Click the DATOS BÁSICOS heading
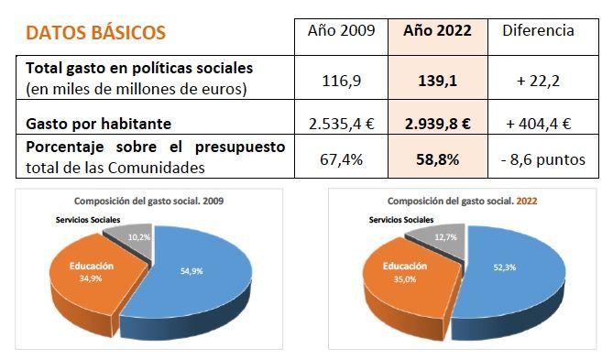(96, 33)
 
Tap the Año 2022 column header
(437, 30)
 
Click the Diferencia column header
(539, 30)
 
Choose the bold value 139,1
(437, 81)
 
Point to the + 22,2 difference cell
(539, 81)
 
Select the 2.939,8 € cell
(437, 123)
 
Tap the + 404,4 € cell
(539, 123)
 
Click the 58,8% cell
(437, 158)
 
